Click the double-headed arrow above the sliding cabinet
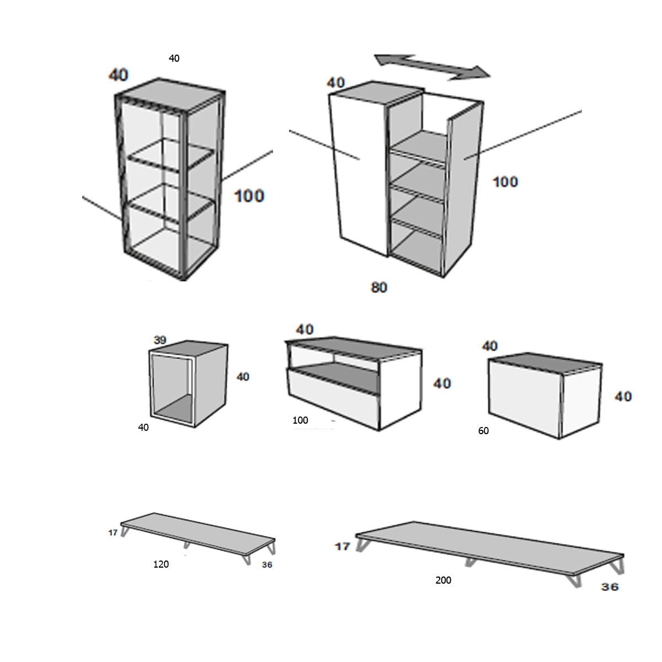pyautogui.click(x=432, y=66)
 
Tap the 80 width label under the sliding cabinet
pyautogui.click(x=379, y=287)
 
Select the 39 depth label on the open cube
pyautogui.click(x=160, y=340)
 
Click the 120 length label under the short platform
pyautogui.click(x=161, y=564)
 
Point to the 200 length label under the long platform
pyautogui.click(x=443, y=580)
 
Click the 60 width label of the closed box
pyautogui.click(x=483, y=431)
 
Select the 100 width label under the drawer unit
pyautogui.click(x=300, y=420)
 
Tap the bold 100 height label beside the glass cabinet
pyautogui.click(x=249, y=196)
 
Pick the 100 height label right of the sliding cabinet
pyautogui.click(x=505, y=181)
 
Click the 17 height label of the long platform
pyautogui.click(x=343, y=546)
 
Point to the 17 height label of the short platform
pyautogui.click(x=113, y=533)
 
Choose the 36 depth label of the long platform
pyautogui.click(x=610, y=587)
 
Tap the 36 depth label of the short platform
pyautogui.click(x=267, y=565)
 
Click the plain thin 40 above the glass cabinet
pyautogui.click(x=174, y=58)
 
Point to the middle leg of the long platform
pyautogui.click(x=470, y=562)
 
